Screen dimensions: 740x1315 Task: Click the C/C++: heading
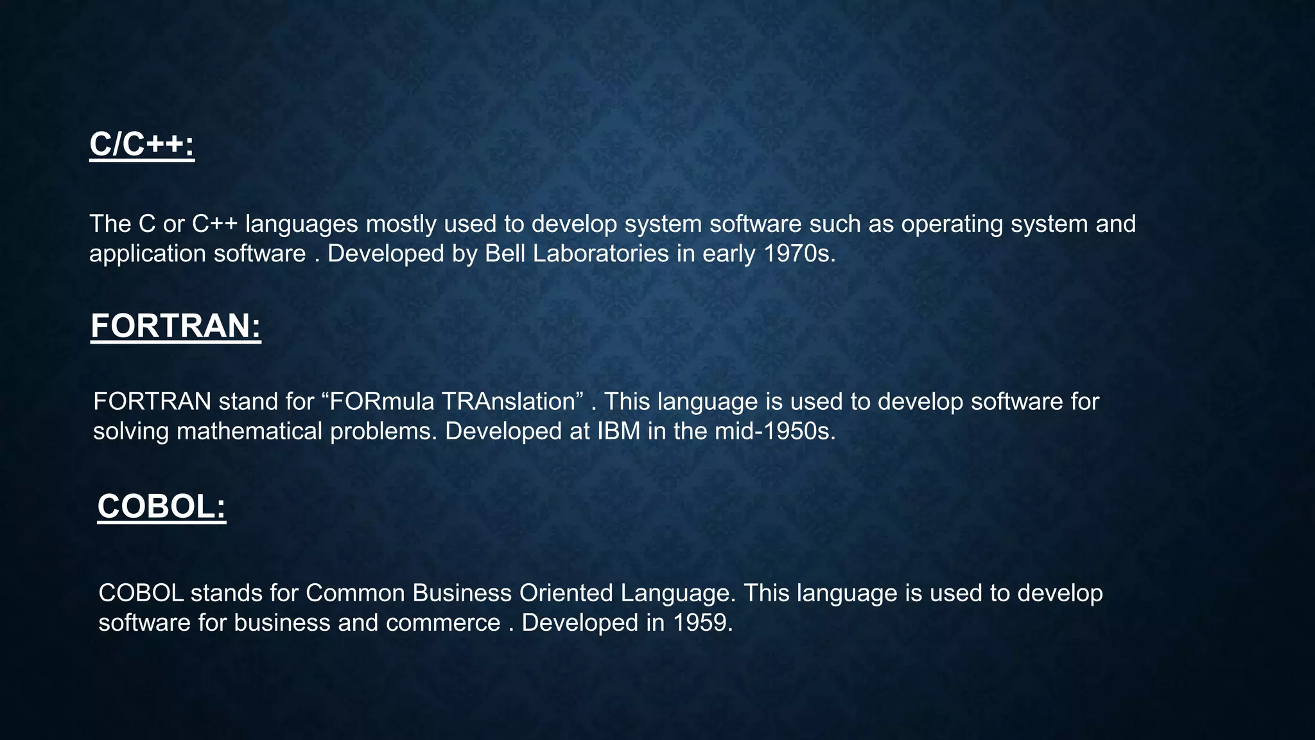[142, 144]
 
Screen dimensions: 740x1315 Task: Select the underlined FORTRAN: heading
[176, 326]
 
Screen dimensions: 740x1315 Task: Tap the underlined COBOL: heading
[162, 506]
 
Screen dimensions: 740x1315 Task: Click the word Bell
[505, 254]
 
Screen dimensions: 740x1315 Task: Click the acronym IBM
[619, 431]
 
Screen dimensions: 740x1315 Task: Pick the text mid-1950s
[775, 431]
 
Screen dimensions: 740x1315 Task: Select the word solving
[131, 431]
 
